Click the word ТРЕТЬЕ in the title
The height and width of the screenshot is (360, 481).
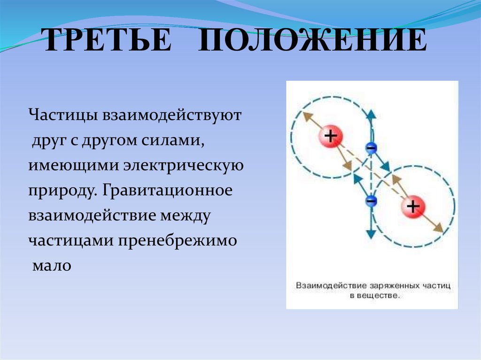click(108, 41)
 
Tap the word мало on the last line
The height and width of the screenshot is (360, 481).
click(52, 266)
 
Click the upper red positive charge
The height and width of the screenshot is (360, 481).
click(331, 137)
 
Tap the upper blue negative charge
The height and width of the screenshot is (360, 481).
click(371, 148)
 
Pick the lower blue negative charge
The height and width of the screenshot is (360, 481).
click(371, 200)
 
